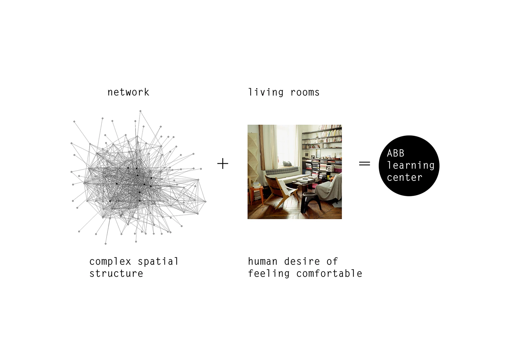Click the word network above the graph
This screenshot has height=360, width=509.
click(128, 92)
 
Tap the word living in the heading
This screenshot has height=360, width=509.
click(266, 93)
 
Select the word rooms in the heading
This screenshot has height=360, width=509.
click(305, 93)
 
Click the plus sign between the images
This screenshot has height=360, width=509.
click(223, 164)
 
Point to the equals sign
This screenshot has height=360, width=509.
click(365, 164)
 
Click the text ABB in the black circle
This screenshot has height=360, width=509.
click(395, 153)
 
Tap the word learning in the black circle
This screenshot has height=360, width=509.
click(410, 166)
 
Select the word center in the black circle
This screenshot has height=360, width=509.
click(404, 177)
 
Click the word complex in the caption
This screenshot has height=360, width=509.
click(110, 262)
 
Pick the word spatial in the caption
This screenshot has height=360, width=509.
click(158, 262)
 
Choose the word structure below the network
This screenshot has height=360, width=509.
click(116, 274)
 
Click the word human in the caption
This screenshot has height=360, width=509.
click(263, 262)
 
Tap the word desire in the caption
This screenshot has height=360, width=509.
click(302, 262)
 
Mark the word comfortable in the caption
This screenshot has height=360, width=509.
click(329, 274)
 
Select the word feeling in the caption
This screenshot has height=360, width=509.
click(269, 274)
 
